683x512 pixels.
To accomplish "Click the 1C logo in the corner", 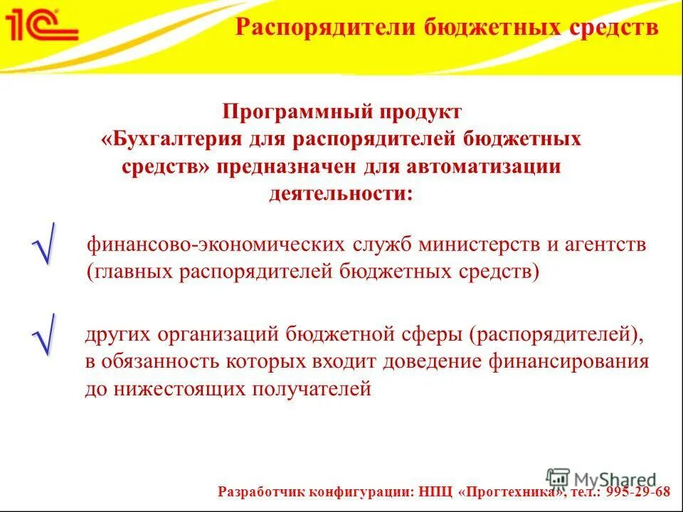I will (41, 25).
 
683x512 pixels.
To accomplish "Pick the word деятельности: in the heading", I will (341, 193).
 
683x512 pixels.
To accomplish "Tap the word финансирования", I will (568, 361).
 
